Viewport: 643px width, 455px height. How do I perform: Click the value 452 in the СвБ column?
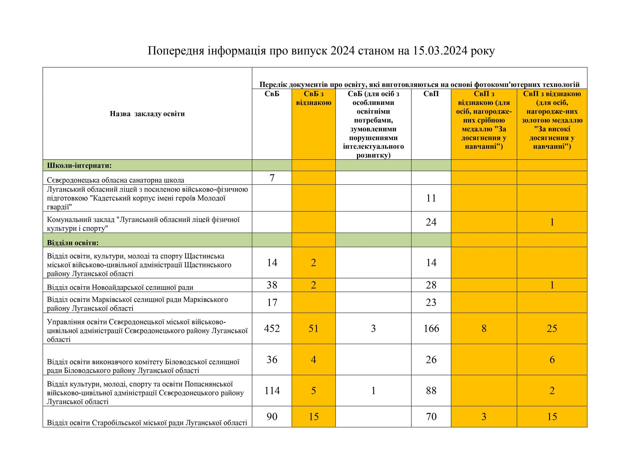click(x=272, y=328)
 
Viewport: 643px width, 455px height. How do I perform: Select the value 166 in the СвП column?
click(x=431, y=328)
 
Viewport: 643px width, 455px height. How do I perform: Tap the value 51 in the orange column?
click(x=313, y=328)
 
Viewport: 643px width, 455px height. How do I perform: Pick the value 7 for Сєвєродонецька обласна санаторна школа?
click(x=272, y=178)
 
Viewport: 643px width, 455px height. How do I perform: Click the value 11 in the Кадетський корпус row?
click(x=431, y=198)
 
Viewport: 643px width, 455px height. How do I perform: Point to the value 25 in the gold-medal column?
click(x=552, y=328)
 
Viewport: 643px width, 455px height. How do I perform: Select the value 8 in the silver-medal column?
click(x=484, y=328)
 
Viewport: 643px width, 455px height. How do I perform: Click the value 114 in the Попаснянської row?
click(x=272, y=391)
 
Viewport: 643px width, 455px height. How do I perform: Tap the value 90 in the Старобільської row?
click(x=272, y=417)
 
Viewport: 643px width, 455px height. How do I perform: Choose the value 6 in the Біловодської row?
click(x=552, y=359)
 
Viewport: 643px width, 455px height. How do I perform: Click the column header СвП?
click(x=431, y=94)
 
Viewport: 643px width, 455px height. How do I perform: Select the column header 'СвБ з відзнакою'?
click(x=314, y=98)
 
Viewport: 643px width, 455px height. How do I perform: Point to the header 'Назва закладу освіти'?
click(x=147, y=114)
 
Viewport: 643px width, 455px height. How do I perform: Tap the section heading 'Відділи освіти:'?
click(x=73, y=243)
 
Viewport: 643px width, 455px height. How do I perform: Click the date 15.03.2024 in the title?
click(x=440, y=51)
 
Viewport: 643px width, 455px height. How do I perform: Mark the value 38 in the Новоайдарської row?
click(x=272, y=285)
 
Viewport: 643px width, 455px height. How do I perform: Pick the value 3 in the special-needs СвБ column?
click(x=373, y=328)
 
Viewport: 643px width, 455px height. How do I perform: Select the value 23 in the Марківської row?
click(x=431, y=302)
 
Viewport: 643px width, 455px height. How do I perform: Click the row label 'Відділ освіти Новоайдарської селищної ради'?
click(x=120, y=287)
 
